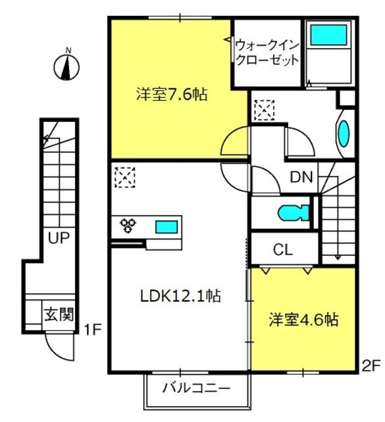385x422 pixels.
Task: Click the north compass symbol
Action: click(x=66, y=67)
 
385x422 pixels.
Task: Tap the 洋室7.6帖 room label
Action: click(x=172, y=94)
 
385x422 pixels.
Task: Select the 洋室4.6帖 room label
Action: click(x=303, y=319)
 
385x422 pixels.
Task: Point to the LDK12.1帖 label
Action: click(x=180, y=296)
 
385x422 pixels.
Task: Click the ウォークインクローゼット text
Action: click(x=267, y=53)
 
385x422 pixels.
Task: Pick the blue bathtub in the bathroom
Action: click(x=328, y=35)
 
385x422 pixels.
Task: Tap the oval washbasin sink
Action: click(x=344, y=133)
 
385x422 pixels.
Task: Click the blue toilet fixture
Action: click(x=294, y=213)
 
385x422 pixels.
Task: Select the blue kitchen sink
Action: click(x=167, y=227)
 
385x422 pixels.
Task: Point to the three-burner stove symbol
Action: click(x=128, y=226)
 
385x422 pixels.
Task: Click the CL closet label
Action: click(x=282, y=250)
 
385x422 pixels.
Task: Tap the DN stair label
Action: click(x=301, y=177)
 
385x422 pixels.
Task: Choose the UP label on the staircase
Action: click(x=59, y=238)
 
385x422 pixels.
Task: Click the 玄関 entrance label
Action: click(x=59, y=314)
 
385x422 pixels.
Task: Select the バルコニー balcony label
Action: click(x=196, y=388)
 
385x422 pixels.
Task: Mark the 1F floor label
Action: click(x=92, y=330)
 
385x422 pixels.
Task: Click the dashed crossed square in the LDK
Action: click(x=125, y=177)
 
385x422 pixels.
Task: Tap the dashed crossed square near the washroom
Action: click(x=265, y=110)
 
